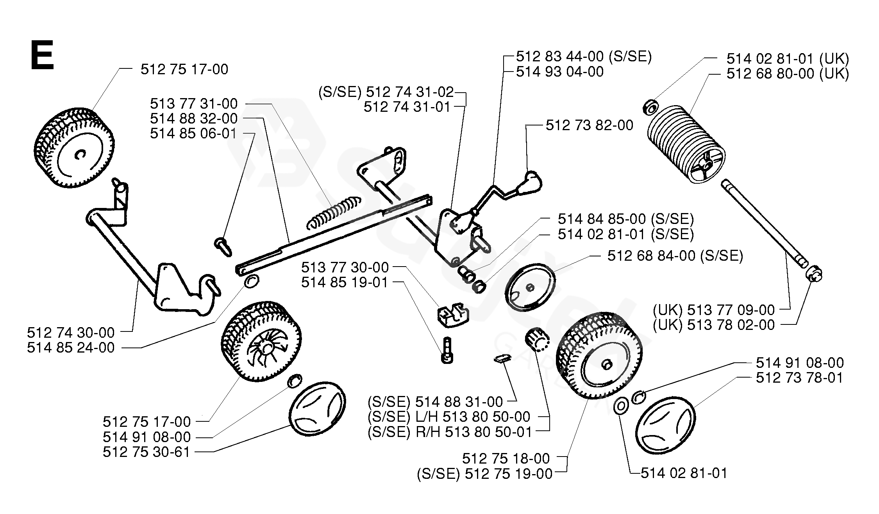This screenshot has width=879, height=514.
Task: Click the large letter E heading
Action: tap(42, 56)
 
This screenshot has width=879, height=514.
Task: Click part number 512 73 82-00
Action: tap(589, 125)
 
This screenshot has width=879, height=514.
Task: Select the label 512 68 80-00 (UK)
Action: tap(788, 73)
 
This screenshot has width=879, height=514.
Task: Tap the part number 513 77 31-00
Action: tap(194, 104)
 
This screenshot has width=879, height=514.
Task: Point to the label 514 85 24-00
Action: tap(71, 347)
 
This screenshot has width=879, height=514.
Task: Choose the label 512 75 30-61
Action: tap(146, 452)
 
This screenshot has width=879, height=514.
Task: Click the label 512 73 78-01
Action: tap(800, 378)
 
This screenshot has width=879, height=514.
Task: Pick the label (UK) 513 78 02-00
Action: tap(714, 325)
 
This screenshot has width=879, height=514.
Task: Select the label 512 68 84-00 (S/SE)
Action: tap(675, 256)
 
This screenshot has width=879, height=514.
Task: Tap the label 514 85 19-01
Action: tap(345, 282)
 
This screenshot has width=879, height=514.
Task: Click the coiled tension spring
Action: tap(334, 213)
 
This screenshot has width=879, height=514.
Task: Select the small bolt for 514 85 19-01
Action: tap(447, 350)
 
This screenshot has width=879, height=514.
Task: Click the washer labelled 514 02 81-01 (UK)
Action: tap(650, 107)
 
